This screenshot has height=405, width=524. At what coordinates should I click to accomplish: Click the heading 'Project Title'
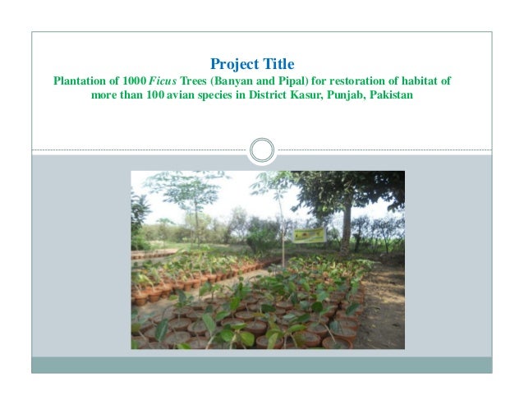coord(252,63)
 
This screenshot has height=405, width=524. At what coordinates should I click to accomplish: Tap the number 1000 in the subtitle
coord(133,82)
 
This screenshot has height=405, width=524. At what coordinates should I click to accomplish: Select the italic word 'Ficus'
coord(163,82)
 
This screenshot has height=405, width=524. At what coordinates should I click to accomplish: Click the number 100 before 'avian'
coord(158,97)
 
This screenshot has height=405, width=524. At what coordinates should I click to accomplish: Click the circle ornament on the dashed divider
coord(261,150)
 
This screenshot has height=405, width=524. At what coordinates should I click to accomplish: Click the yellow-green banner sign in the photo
coord(310,236)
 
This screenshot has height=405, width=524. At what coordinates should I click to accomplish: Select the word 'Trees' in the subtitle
coord(195,82)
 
